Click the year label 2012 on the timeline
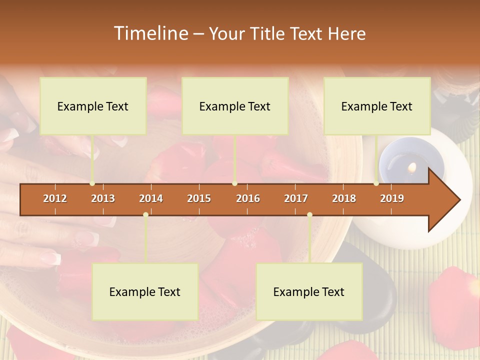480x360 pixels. click(55, 198)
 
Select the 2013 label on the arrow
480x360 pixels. click(103, 198)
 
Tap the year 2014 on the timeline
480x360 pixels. click(151, 198)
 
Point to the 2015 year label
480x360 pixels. click(199, 198)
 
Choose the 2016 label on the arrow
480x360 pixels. click(248, 198)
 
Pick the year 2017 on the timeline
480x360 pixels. click(296, 198)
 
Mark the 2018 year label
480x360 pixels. click(344, 198)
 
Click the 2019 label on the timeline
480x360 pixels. click(392, 198)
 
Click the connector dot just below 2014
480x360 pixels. click(145, 214)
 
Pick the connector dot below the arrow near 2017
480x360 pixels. click(309, 214)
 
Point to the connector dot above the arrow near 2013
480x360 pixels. click(92, 183)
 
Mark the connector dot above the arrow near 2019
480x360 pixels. click(376, 183)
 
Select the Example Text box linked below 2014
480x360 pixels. click(145, 292)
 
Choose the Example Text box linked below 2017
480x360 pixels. click(309, 292)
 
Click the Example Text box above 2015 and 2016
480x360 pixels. click(235, 106)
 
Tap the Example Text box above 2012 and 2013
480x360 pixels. click(93, 106)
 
